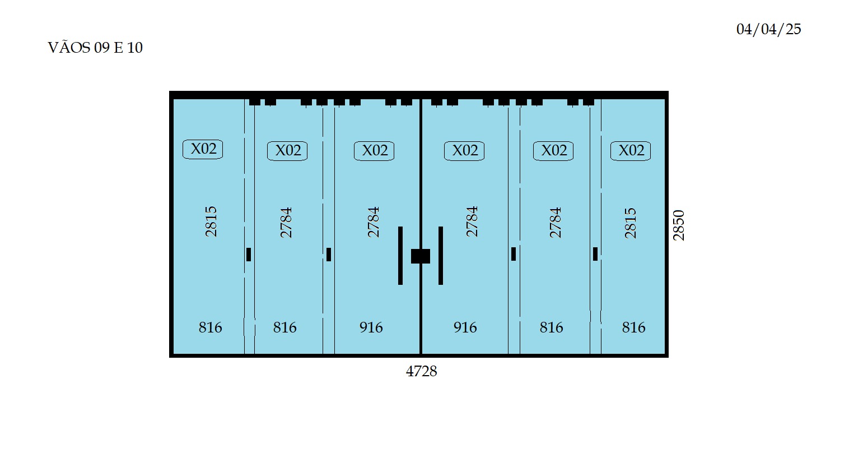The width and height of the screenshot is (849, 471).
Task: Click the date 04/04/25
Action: tap(769, 29)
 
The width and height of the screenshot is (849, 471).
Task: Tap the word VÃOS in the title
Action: tap(69, 47)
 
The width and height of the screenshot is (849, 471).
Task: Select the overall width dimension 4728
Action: tap(422, 371)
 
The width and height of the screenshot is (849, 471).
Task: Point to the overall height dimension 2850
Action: tap(678, 225)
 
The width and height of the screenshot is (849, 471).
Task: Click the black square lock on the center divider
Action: tap(421, 256)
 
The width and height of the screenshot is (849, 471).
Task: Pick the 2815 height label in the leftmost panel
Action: tap(211, 221)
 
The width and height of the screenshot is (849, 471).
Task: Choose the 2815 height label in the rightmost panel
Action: tap(630, 223)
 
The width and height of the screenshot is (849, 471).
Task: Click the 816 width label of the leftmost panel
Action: tap(211, 327)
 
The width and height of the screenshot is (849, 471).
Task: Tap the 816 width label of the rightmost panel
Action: tap(633, 327)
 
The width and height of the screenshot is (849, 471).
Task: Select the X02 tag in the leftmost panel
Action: tap(203, 149)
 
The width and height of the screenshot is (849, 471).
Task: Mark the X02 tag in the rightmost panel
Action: tap(631, 151)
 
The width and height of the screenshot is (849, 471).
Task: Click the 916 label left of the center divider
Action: tap(371, 327)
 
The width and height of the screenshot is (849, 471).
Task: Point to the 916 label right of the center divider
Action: tap(465, 327)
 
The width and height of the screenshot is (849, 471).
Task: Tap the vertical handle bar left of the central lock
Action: tap(400, 256)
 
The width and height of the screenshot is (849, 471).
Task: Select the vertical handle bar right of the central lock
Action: tap(440, 256)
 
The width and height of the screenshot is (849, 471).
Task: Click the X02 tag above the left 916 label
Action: tap(374, 151)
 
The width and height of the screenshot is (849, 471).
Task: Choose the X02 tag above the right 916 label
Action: tap(464, 151)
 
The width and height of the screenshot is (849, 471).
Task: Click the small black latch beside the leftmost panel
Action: tap(249, 255)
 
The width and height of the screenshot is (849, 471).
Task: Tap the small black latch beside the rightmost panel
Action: tap(595, 254)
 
